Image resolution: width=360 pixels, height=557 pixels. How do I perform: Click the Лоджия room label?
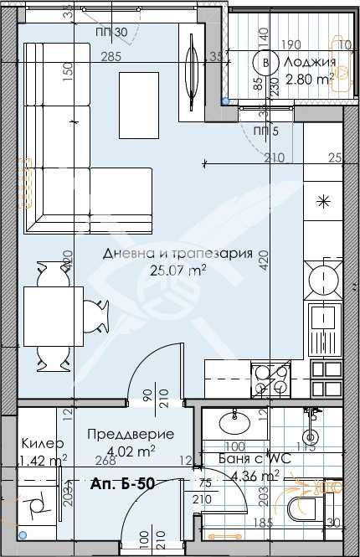[x=311, y=63]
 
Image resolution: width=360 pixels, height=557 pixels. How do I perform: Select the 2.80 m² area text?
[x=310, y=78]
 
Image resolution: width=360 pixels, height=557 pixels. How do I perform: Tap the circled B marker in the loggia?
[x=267, y=62]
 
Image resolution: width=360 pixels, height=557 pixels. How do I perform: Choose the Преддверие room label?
[x=131, y=435]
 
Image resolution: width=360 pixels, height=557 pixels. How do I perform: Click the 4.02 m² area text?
[x=131, y=451]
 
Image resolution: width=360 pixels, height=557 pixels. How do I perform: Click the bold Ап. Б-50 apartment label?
[x=123, y=483]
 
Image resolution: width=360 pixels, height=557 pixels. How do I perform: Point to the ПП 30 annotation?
[x=111, y=33]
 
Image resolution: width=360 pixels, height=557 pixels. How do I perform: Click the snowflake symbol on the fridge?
[x=322, y=201]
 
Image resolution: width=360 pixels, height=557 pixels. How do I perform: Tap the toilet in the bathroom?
[x=301, y=507]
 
